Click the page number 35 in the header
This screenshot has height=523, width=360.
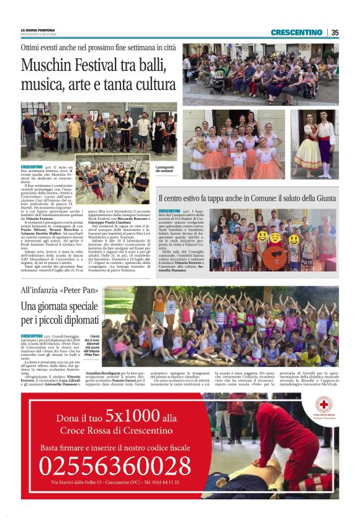pos(335,32)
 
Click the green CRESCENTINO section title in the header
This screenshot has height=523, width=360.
pos(296,32)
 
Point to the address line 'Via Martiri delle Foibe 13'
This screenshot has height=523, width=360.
pos(115,482)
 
